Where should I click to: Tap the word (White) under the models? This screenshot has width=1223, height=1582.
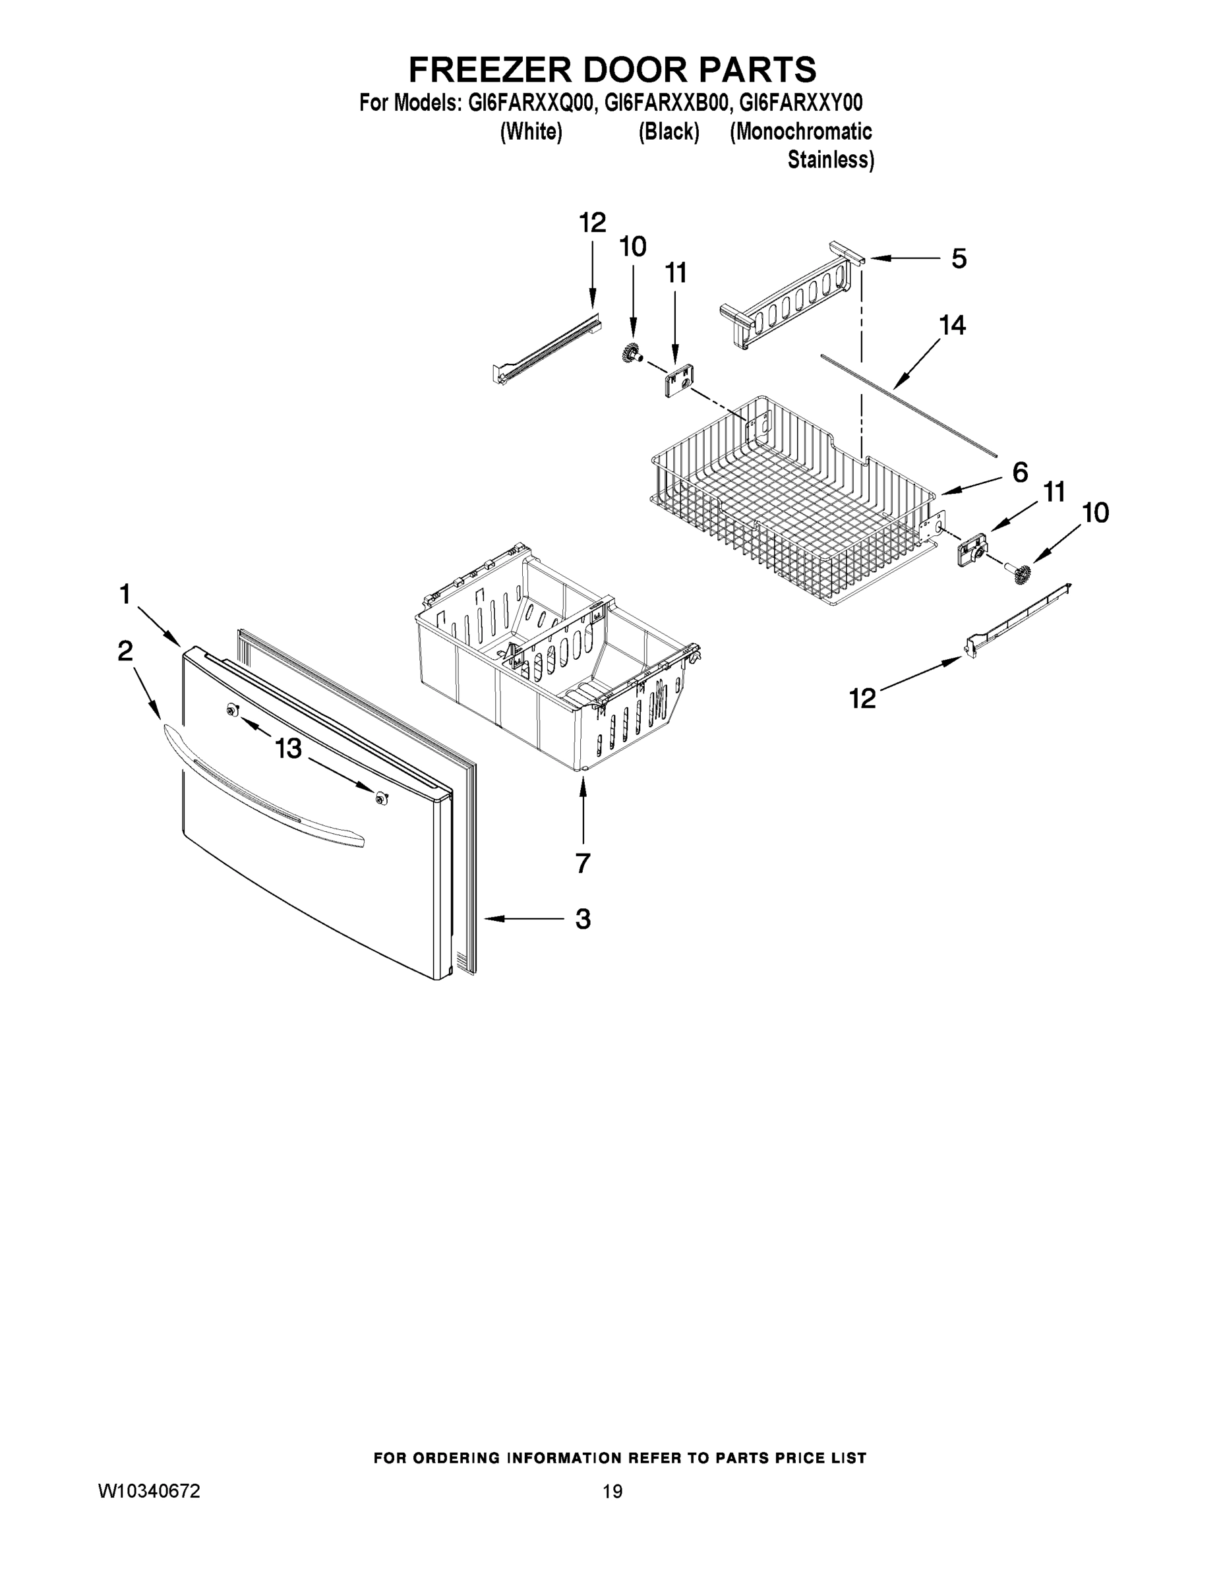click(531, 132)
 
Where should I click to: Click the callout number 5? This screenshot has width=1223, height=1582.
click(959, 258)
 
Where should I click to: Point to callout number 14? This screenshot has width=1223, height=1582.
click(953, 326)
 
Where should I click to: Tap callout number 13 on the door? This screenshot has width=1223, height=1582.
click(287, 747)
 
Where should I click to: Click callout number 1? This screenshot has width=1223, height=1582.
click(125, 595)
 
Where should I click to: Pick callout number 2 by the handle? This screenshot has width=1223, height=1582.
click(125, 651)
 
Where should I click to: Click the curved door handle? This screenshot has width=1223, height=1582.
click(261, 793)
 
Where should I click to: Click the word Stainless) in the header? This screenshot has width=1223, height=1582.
click(830, 160)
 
